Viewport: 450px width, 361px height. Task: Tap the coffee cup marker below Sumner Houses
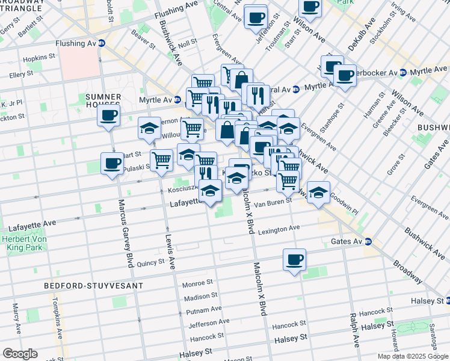[x=109, y=116]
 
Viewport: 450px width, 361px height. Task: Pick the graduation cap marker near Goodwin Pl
[x=319, y=193]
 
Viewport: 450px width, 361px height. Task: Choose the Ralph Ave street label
[x=353, y=330]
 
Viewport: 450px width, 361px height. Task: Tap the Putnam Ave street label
[x=204, y=310]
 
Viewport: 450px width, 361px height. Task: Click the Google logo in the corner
[x=20, y=354]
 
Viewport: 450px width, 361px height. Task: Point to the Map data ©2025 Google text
[x=413, y=356]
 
